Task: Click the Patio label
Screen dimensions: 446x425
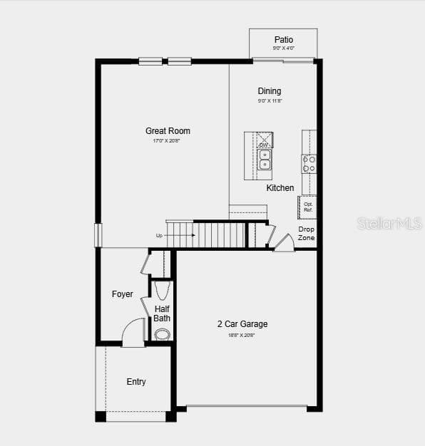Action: pyautogui.click(x=283, y=40)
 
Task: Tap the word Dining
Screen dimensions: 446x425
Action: pyautogui.click(x=270, y=91)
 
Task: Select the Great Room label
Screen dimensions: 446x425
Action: pyautogui.click(x=168, y=131)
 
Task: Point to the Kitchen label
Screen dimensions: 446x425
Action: pyautogui.click(x=280, y=188)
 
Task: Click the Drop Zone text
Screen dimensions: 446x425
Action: pyautogui.click(x=306, y=234)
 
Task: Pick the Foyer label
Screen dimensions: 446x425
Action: pyautogui.click(x=122, y=294)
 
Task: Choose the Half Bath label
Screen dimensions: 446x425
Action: pyautogui.click(x=162, y=313)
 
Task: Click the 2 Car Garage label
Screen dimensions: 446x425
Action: pyautogui.click(x=242, y=324)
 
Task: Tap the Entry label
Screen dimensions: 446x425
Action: pyautogui.click(x=136, y=382)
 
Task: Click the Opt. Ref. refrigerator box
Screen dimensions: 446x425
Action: pyautogui.click(x=308, y=207)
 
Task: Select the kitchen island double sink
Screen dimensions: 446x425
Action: pyautogui.click(x=265, y=160)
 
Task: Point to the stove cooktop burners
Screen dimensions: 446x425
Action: pyautogui.click(x=309, y=164)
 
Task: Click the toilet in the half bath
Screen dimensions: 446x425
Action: pyautogui.click(x=162, y=290)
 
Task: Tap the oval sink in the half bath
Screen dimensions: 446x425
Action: pyautogui.click(x=163, y=333)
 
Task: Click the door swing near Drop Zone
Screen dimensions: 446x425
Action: pyautogui.click(x=285, y=243)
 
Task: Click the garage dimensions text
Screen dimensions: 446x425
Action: pyautogui.click(x=242, y=335)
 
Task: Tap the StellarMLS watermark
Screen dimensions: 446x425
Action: pyautogui.click(x=389, y=224)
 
